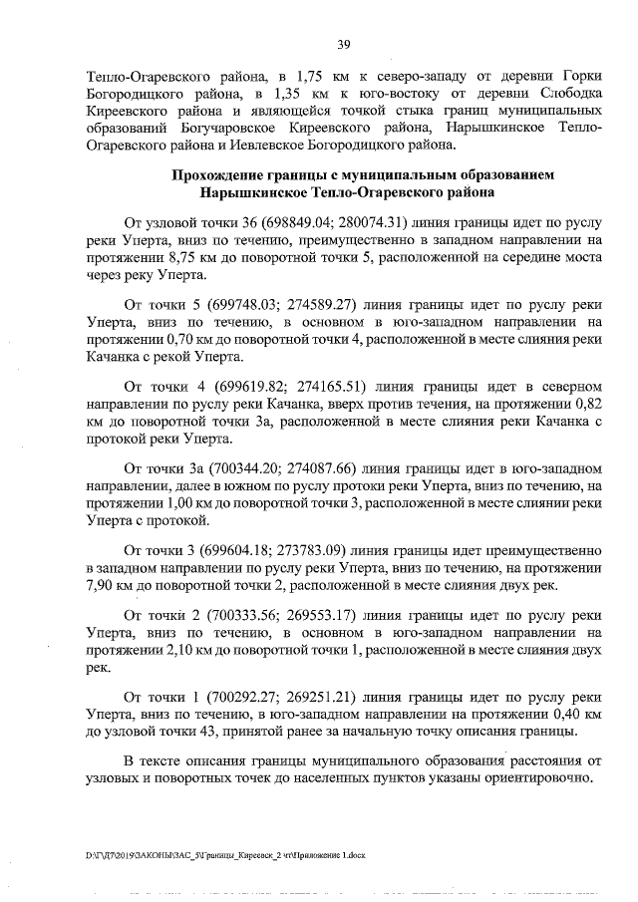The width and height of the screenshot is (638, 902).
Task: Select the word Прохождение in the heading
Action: pyautogui.click(x=221, y=174)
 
